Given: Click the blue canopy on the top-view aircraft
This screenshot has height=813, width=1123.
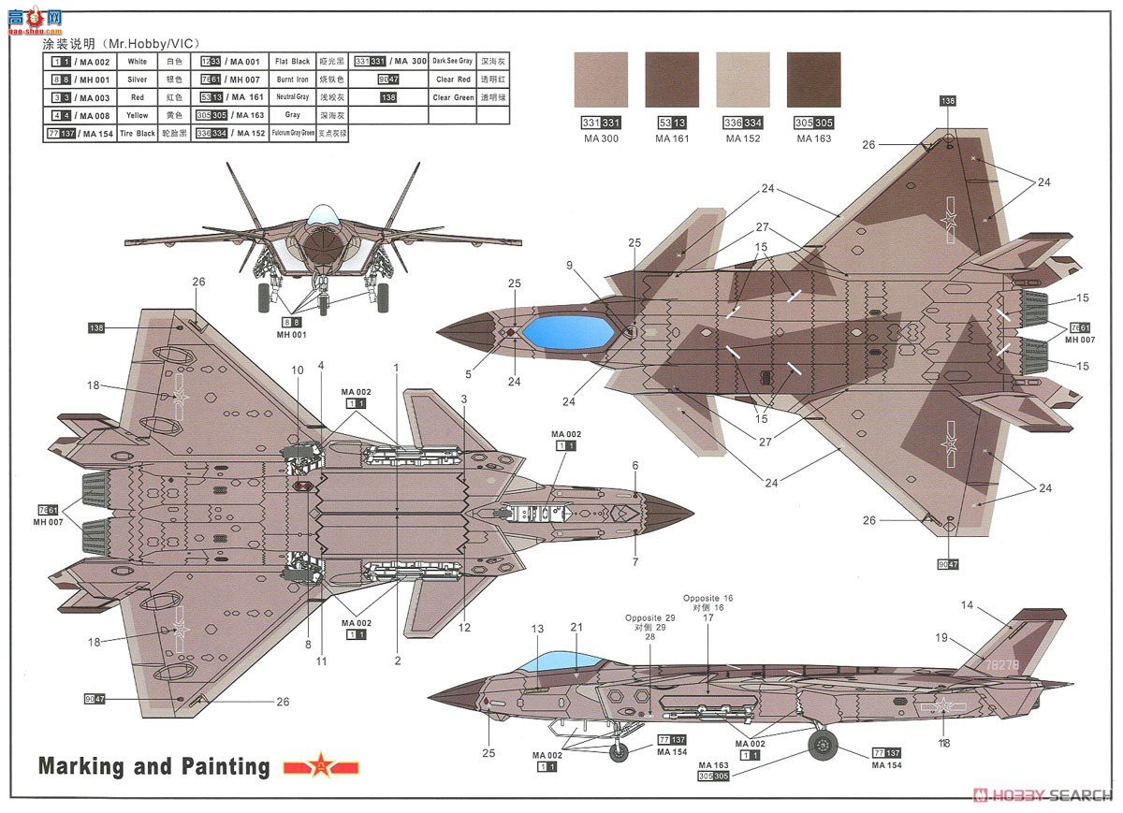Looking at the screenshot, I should (x=567, y=331).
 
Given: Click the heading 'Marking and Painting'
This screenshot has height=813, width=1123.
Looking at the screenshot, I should (x=153, y=767).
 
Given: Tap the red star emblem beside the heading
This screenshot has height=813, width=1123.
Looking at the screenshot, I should (x=321, y=768).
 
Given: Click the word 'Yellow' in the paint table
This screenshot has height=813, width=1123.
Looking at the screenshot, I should (x=138, y=116).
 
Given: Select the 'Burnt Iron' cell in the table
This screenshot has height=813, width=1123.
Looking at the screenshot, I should (x=292, y=80).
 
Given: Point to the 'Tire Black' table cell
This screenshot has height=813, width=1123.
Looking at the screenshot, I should (x=138, y=134).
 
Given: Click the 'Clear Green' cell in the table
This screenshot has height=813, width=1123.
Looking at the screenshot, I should (x=453, y=97).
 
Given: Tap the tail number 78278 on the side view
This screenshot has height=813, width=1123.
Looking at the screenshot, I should (x=1001, y=665).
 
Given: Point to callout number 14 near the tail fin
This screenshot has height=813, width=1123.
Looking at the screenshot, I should (x=967, y=605).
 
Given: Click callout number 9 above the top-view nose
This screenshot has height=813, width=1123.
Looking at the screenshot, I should (x=569, y=265).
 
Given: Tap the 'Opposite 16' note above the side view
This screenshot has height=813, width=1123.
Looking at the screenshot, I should (x=707, y=598).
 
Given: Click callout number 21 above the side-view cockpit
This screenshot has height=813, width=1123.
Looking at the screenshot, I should (x=576, y=627).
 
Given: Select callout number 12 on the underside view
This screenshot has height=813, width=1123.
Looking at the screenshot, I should (x=464, y=628).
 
